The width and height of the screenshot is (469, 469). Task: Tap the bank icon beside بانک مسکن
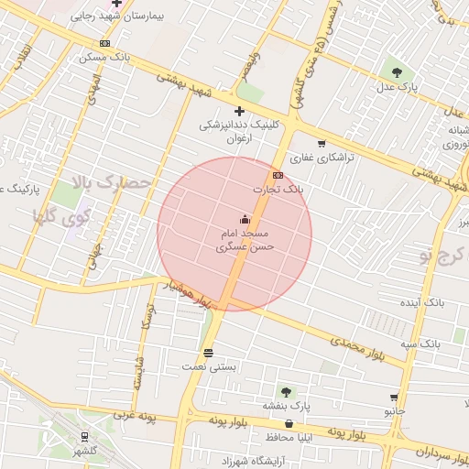point(105,43)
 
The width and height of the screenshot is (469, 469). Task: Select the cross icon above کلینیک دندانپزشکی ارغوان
point(239,111)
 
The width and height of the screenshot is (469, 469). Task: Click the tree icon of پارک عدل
point(396,71)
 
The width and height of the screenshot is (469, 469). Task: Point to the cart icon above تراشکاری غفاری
point(321,143)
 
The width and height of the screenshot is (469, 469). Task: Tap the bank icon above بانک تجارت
point(278,175)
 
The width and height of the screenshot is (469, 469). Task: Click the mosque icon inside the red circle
point(244,219)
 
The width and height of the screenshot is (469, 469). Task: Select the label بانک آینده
point(422,301)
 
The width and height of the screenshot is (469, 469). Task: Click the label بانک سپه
point(423,342)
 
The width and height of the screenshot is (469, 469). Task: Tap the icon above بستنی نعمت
point(209,352)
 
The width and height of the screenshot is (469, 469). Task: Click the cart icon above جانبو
point(394,398)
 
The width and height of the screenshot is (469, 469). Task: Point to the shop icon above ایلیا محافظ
point(289,423)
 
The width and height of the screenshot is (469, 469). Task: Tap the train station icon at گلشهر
point(84,436)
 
